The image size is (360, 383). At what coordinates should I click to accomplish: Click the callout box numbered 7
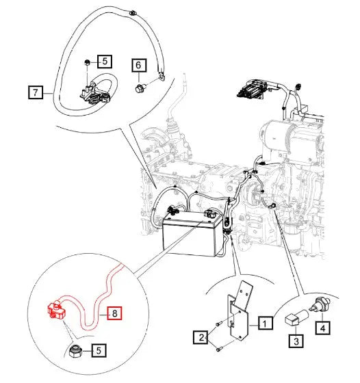[36, 92]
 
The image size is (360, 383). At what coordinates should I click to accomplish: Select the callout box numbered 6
[139, 65]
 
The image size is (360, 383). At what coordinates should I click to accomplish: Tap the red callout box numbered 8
[114, 313]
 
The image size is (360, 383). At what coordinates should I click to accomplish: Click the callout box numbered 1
[265, 323]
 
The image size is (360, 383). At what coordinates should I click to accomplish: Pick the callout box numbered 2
[201, 337]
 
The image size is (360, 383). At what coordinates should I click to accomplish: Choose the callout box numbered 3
[296, 341]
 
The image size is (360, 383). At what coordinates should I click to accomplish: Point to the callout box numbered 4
[323, 328]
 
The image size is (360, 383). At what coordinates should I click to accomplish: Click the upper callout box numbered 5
[105, 61]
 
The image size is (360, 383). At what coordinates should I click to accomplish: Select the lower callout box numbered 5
[99, 350]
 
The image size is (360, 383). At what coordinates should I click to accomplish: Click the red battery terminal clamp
[55, 311]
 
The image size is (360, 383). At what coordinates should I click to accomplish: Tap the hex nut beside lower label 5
[75, 351]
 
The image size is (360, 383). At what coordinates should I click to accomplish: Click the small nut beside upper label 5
[87, 62]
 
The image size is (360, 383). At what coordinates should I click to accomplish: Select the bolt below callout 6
[140, 88]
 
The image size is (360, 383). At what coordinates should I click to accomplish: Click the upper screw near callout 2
[218, 323]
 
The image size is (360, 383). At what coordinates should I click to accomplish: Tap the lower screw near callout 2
[219, 349]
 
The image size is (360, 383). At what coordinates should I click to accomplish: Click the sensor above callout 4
[321, 304]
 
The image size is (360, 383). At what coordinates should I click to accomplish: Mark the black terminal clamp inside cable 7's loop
[95, 95]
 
